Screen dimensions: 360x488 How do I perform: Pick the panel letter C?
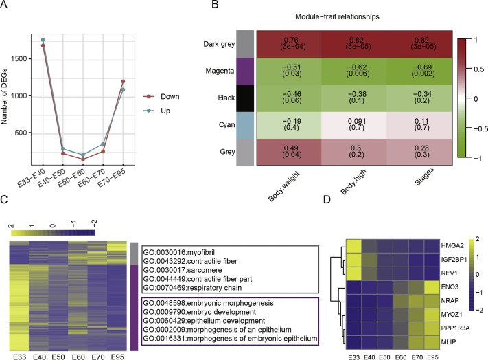pyautogui.click(x=5, y=200)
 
